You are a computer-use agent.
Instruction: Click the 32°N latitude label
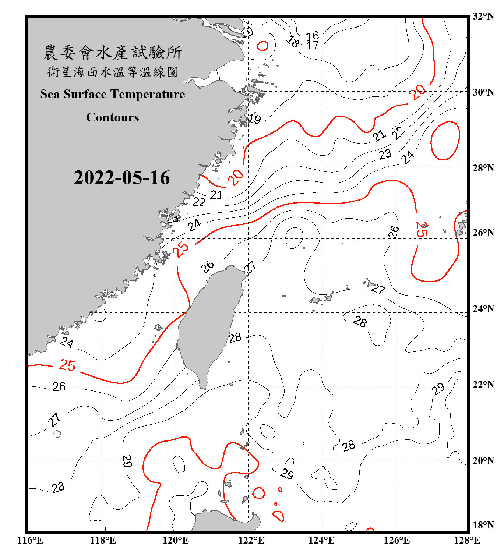483,16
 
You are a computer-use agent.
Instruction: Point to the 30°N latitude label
483,92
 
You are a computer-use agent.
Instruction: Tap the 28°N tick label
483,168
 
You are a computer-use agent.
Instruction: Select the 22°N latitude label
483,385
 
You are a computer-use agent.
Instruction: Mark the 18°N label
483,525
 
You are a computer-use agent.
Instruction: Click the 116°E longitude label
30,540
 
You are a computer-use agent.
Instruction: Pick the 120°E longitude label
176,540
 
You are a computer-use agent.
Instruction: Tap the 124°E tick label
321,540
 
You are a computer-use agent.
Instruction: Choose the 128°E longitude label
467,540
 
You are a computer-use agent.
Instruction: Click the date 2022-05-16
122,178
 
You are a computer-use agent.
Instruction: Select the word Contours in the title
113,117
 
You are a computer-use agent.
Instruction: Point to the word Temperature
148,94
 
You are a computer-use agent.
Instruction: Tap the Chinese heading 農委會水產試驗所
113,52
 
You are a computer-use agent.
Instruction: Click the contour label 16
313,36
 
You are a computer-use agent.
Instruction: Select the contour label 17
313,45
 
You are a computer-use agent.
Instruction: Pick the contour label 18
293,42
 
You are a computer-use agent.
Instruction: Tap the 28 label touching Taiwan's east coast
235,337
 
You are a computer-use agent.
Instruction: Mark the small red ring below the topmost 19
262,46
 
